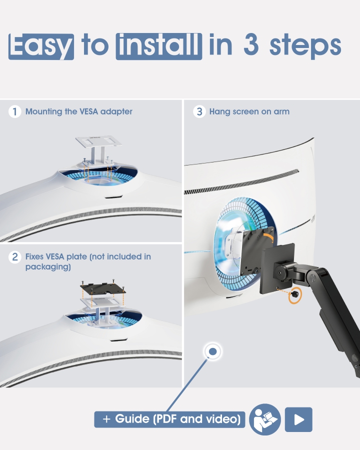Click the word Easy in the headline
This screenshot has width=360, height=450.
pyautogui.click(x=41, y=46)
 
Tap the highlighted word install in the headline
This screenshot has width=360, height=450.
pyautogui.click(x=158, y=46)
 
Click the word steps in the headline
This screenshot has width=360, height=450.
pyautogui.click(x=305, y=46)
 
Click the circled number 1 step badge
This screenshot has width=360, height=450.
pyautogui.click(x=15, y=111)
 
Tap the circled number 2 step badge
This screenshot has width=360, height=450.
pyautogui.click(x=15, y=257)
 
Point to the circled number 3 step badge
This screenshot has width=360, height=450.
pyautogui.click(x=199, y=111)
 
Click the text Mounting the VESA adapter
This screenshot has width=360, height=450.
pyautogui.click(x=79, y=111)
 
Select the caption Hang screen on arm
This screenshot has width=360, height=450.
pyautogui.click(x=249, y=111)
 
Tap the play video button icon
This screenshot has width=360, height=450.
pyautogui.click(x=298, y=419)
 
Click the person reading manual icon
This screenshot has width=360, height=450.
pyautogui.click(x=265, y=419)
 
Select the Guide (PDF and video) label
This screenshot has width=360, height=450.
pyautogui.click(x=170, y=419)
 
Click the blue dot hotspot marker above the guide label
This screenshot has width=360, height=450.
pyautogui.click(x=213, y=352)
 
